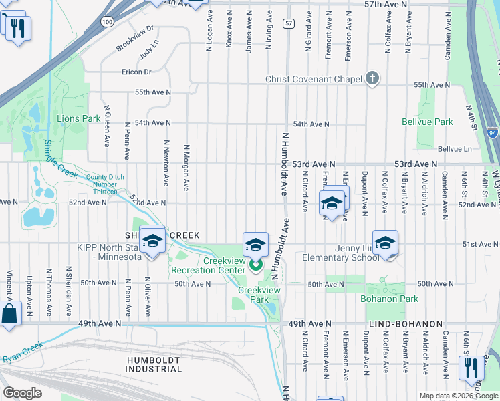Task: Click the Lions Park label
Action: click(x=78, y=119)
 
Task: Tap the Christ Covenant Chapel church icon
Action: click(x=373, y=79)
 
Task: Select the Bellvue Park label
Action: click(x=427, y=122)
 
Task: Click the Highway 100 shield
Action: click(x=108, y=23)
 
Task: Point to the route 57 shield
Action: click(x=288, y=23)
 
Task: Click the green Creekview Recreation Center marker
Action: click(x=256, y=265)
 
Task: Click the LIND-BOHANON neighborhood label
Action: click(x=405, y=324)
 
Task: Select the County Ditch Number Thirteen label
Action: click(x=101, y=184)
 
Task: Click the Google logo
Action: click(x=22, y=393)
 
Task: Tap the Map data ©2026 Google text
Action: click(x=457, y=396)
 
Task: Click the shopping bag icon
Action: click(x=9, y=313)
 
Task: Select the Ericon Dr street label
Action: click(x=136, y=72)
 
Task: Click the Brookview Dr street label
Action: click(x=134, y=38)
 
